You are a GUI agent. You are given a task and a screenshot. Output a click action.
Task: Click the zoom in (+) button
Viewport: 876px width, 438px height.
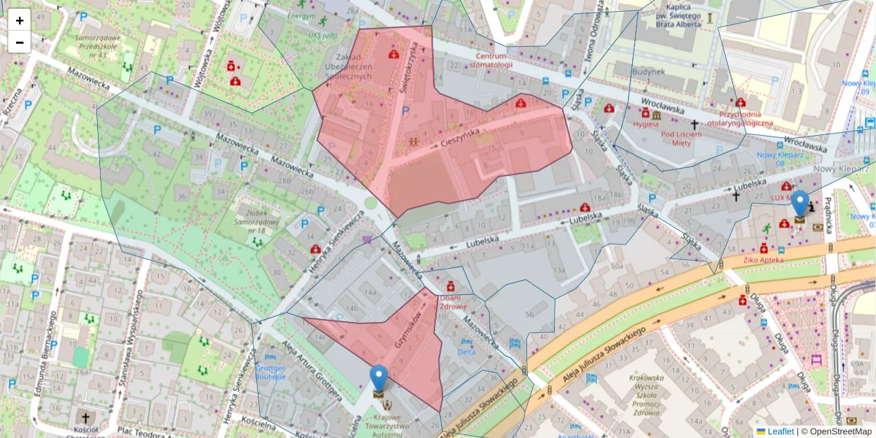(x=20, y=20)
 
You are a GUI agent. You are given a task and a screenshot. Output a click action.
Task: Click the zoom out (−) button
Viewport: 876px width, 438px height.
(x=20, y=42)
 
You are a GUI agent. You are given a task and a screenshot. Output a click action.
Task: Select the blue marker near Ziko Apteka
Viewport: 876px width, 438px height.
(x=800, y=205)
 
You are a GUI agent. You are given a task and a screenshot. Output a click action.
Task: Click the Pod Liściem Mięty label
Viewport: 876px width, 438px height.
(x=680, y=139)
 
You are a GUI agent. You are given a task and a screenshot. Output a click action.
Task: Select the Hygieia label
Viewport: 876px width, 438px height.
(x=645, y=124)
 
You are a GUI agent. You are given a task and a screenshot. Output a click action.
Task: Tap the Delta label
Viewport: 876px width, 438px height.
(x=466, y=352)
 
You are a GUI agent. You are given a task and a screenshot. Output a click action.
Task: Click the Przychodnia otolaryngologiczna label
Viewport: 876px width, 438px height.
(x=745, y=118)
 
